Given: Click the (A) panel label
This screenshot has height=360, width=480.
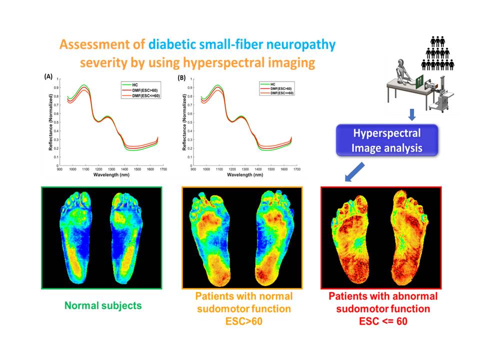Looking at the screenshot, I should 49,76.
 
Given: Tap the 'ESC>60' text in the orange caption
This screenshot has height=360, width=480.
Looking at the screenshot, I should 243,321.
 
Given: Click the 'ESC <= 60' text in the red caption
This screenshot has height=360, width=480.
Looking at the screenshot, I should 383,321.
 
